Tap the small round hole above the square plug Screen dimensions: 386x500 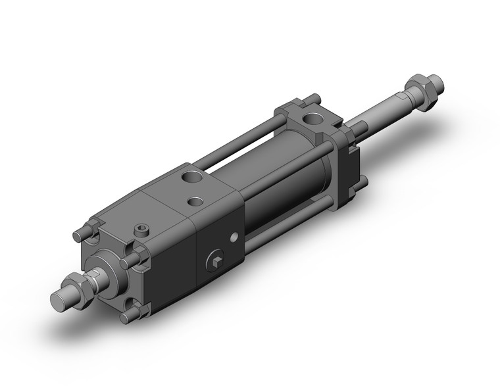point(233,237)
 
